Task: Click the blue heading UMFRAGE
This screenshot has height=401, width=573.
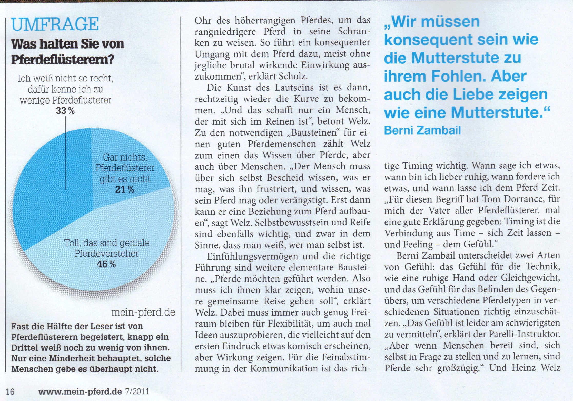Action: pyautogui.click(x=55, y=25)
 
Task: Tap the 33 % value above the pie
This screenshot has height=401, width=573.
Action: pyautogui.click(x=65, y=111)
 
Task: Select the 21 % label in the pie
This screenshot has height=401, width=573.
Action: pyautogui.click(x=125, y=189)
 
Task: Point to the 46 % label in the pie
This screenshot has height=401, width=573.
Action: pyautogui.click(x=106, y=264)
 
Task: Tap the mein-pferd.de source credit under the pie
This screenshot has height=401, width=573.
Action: pyautogui.click(x=143, y=312)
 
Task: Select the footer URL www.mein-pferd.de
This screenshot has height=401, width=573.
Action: pyautogui.click(x=80, y=392)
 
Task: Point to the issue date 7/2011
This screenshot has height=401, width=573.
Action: pyautogui.click(x=137, y=392)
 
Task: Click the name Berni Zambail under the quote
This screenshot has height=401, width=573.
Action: pyautogui.click(x=422, y=130)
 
